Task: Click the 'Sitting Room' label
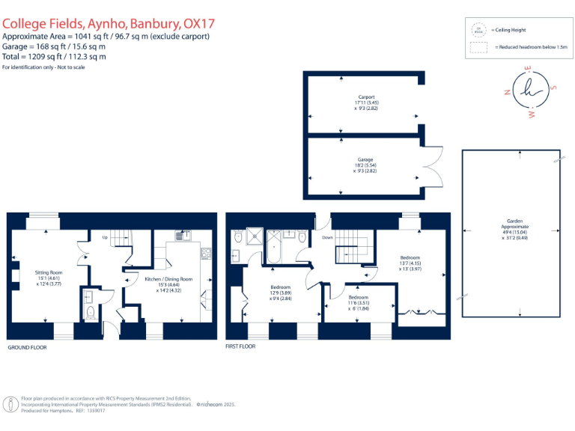pos(46,272)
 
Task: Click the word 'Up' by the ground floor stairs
pos(104,237)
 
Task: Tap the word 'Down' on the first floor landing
pos(327,237)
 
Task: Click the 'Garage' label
pos(365,159)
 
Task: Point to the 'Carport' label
pos(365,97)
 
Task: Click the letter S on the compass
pos(553,87)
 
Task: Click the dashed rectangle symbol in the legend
pos(478,48)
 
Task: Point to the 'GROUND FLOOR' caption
pos(28,348)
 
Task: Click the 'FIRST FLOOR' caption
pos(240,347)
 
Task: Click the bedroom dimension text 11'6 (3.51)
pos(359,302)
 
